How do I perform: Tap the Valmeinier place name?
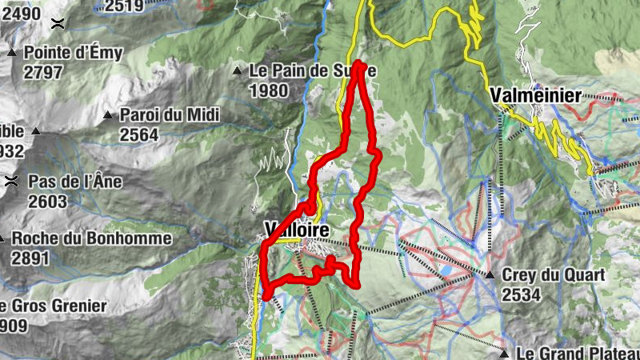pyautogui.click(x=535, y=95)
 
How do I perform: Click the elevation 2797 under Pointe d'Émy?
pyautogui.click(x=42, y=73)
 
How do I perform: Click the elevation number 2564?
pyautogui.click(x=139, y=134)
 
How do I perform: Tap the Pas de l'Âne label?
pyautogui.click(x=75, y=182)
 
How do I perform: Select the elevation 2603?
pyautogui.click(x=47, y=201)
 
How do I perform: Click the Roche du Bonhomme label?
pyautogui.click(x=91, y=238)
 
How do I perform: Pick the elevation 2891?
pyautogui.click(x=30, y=258)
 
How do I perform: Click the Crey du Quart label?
pyautogui.click(x=553, y=274)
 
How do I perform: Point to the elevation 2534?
pyautogui.click(x=522, y=294)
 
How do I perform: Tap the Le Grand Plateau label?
pyautogui.click(x=576, y=352)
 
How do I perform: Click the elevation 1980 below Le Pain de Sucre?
pyautogui.click(x=268, y=90)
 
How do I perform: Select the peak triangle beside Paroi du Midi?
pyautogui.click(x=108, y=115)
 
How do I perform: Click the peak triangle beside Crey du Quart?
pyautogui.click(x=490, y=275)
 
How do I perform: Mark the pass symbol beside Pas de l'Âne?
pyautogui.click(x=11, y=182)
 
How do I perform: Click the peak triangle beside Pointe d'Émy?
pyautogui.click(x=12, y=53)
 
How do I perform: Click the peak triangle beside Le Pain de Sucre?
pyautogui.click(x=238, y=71)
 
